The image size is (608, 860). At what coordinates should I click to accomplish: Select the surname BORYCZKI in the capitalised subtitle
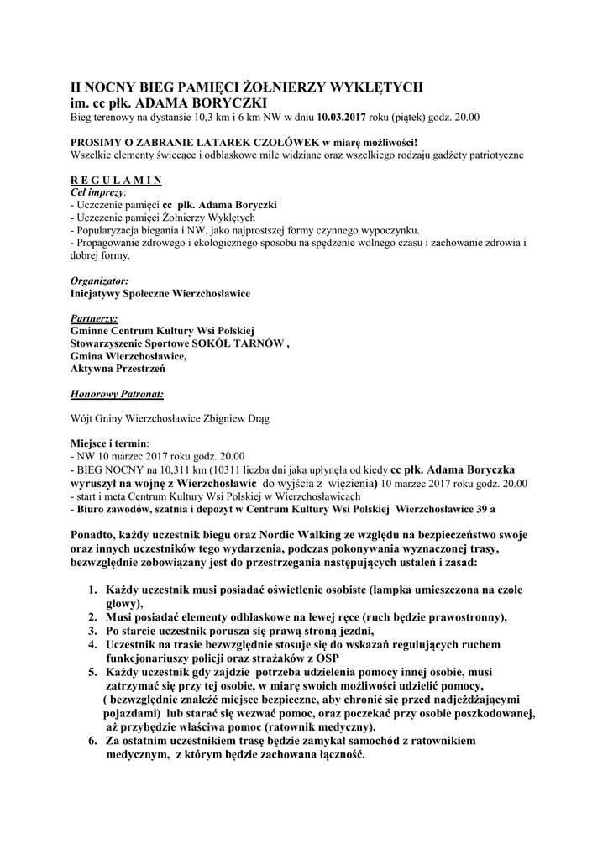click(226, 102)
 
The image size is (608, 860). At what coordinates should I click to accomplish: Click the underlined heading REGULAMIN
click(116, 180)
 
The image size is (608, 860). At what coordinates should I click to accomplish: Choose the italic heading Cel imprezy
click(96, 191)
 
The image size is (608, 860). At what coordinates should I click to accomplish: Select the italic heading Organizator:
click(100, 281)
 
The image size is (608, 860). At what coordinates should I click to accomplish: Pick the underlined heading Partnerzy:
click(94, 319)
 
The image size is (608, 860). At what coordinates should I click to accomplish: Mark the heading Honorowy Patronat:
click(117, 393)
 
